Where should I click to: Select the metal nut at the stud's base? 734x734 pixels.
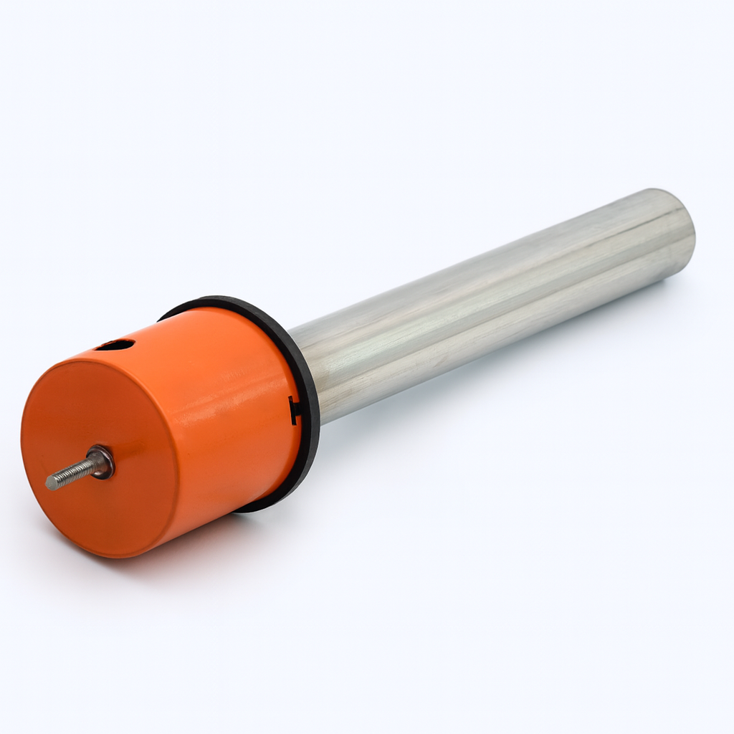[101, 462]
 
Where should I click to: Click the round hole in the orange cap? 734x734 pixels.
[115, 345]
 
